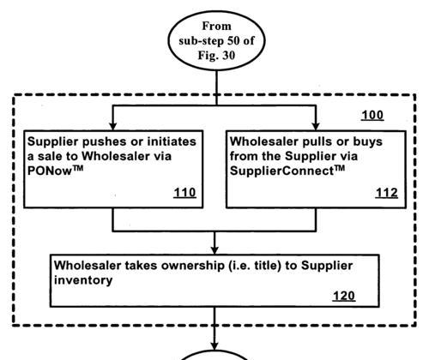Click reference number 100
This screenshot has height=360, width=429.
[372, 115]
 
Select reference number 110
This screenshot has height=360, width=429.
[184, 193]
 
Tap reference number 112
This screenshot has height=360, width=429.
[387, 193]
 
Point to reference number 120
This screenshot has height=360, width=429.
[344, 296]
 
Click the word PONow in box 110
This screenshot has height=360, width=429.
[50, 171]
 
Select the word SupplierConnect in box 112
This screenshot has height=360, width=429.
[281, 171]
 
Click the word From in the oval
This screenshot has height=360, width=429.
[216, 26]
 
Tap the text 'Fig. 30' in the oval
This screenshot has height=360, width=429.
[216, 55]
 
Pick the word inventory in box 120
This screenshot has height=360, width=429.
[83, 280]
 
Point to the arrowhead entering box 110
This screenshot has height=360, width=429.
[113, 127]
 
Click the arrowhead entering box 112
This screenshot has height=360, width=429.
[316, 127]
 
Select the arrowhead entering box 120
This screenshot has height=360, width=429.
[214, 250]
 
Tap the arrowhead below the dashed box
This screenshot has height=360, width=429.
[214, 345]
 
